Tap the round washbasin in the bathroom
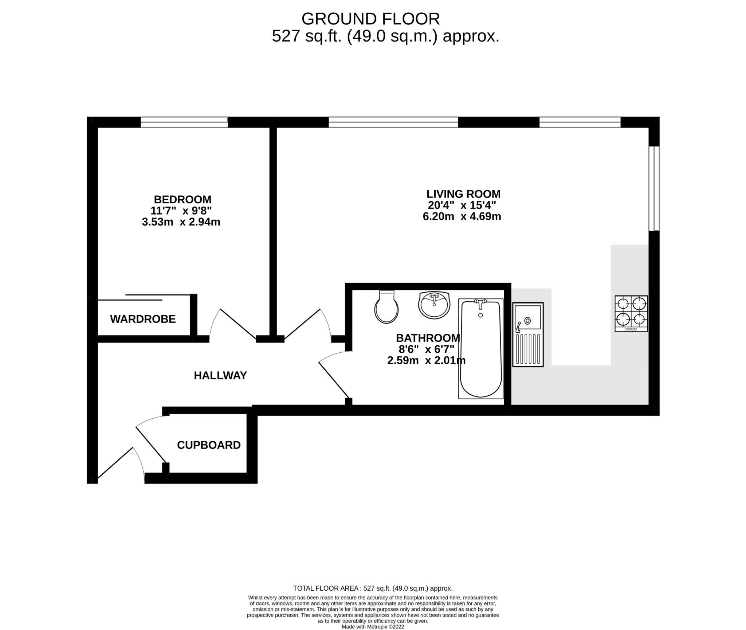pyautogui.click(x=434, y=305)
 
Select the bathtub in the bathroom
pyautogui.click(x=480, y=349)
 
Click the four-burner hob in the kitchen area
pyautogui.click(x=631, y=313)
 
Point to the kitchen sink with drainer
pyautogui.click(x=528, y=334)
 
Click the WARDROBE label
pyautogui.click(x=143, y=319)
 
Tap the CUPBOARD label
pyautogui.click(x=209, y=445)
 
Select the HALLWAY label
pyautogui.click(x=220, y=375)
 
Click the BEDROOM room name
pyautogui.click(x=182, y=199)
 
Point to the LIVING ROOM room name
pyautogui.click(x=463, y=193)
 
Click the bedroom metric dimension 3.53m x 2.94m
pyautogui.click(x=181, y=222)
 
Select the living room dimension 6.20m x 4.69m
pyautogui.click(x=462, y=216)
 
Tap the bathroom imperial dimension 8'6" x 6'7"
pyautogui.click(x=426, y=349)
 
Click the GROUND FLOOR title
pyautogui.click(x=370, y=19)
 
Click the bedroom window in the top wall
pyautogui.click(x=184, y=122)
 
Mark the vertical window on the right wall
pyautogui.click(x=654, y=188)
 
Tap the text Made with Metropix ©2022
pyautogui.click(x=373, y=627)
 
